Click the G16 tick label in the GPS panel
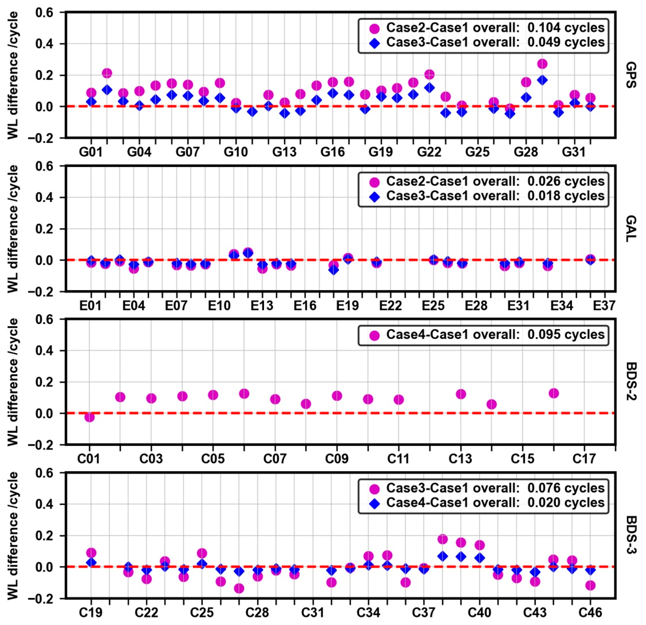pyautogui.click(x=333, y=152)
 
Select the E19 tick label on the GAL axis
pyautogui.click(x=347, y=306)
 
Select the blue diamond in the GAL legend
pyautogui.click(x=375, y=197)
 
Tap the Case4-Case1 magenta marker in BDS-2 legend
pyautogui.click(x=375, y=336)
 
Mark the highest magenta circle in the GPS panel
pyautogui.click(x=542, y=64)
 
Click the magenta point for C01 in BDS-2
pyautogui.click(x=89, y=417)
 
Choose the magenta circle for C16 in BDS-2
pyautogui.click(x=553, y=393)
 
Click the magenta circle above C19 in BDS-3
pyautogui.click(x=91, y=553)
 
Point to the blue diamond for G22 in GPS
pyautogui.click(x=429, y=88)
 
